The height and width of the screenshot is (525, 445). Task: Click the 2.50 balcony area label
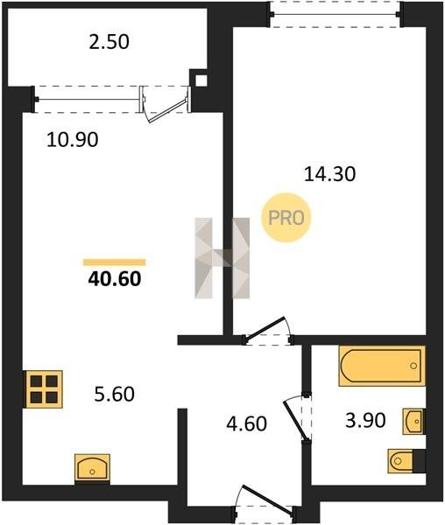click(109, 43)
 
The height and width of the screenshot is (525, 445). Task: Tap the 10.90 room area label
click(73, 140)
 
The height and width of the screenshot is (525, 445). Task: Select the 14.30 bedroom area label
click(329, 174)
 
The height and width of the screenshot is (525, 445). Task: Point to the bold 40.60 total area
click(115, 279)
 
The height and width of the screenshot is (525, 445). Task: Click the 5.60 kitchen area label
click(114, 394)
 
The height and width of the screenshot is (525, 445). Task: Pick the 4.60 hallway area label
click(247, 423)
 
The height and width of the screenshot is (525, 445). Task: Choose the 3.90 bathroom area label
click(365, 420)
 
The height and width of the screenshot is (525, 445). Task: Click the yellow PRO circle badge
click(286, 218)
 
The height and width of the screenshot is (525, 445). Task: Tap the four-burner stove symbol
click(43, 389)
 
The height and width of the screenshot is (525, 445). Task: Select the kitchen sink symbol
click(92, 468)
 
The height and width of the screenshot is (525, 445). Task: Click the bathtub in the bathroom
click(382, 366)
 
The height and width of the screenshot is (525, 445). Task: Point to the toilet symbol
click(406, 461)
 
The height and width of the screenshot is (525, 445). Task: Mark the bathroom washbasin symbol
click(414, 422)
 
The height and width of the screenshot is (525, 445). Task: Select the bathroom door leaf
click(295, 420)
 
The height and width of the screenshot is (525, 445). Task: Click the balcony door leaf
click(168, 110)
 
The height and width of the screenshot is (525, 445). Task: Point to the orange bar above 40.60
click(115, 262)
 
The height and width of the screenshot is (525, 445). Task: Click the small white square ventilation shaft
click(201, 80)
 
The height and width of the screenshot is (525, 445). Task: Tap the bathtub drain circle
click(413, 366)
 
